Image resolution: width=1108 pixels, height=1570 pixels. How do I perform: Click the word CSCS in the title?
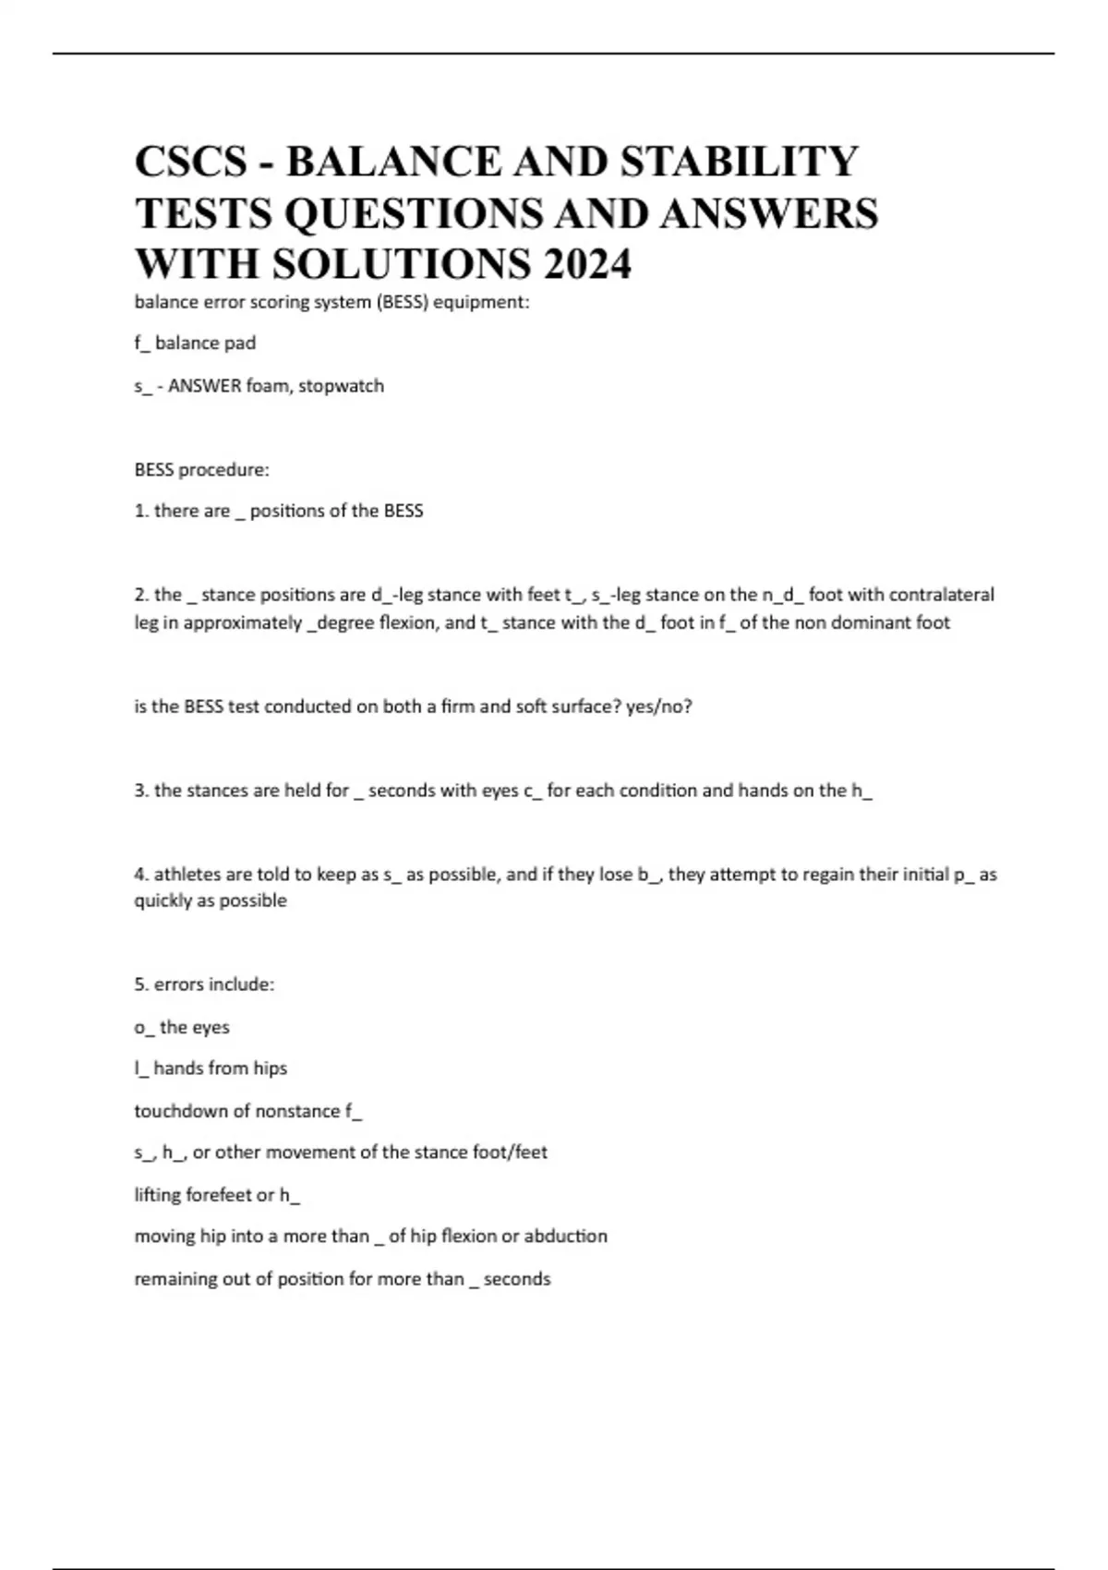[x=191, y=162]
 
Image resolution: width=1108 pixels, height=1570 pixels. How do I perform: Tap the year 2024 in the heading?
[x=587, y=264]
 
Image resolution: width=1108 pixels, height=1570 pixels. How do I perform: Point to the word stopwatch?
[x=341, y=386]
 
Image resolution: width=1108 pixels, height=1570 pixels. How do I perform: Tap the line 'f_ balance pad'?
[x=195, y=344]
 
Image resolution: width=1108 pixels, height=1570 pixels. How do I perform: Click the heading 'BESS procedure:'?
[x=201, y=470]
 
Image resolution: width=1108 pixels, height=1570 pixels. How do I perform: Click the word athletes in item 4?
[x=186, y=875]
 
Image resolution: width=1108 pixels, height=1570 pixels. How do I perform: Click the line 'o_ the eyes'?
[x=182, y=1027]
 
